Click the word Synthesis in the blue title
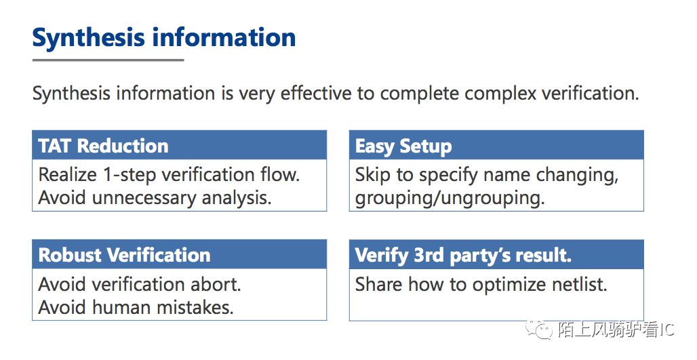tap(88, 38)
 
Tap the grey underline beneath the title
tap(108, 60)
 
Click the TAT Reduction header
tap(103, 146)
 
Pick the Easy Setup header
tap(403, 146)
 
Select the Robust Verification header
tap(124, 255)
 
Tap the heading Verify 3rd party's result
tap(462, 256)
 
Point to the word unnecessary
tap(144, 198)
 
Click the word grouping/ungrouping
tap(450, 198)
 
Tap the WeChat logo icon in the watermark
tap(539, 329)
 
